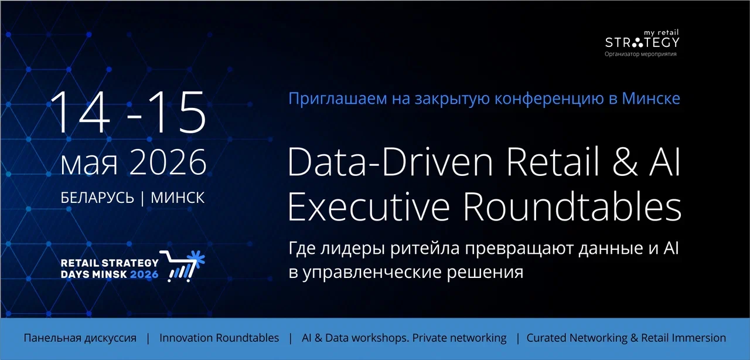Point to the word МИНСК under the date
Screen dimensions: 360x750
click(x=178, y=198)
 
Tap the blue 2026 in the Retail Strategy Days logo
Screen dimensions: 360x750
click(x=145, y=274)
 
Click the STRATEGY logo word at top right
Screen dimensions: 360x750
click(x=642, y=43)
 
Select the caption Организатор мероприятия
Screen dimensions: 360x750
click(x=641, y=54)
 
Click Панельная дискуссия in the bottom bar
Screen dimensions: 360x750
click(x=80, y=338)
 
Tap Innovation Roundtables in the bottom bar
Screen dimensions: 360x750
click(x=219, y=338)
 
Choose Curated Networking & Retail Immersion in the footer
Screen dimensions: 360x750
click(x=626, y=338)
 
